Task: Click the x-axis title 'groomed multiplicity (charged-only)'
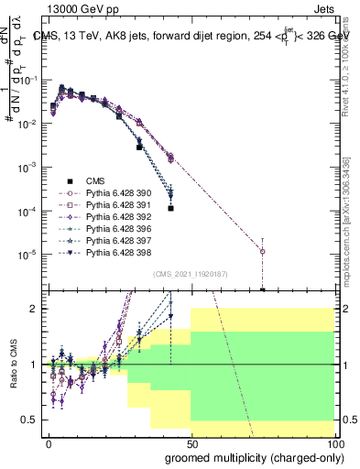[x=251, y=457]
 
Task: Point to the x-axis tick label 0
[x=49, y=442]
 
